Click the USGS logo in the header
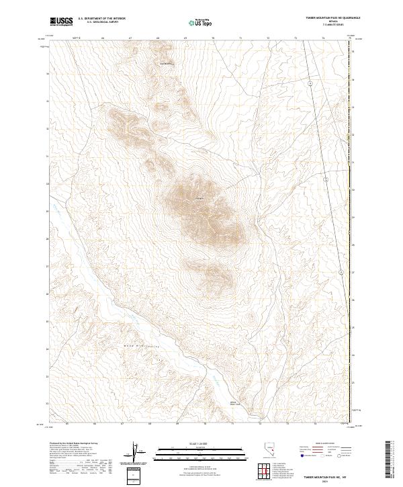pos(62,21)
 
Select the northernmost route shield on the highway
pos(310,83)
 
